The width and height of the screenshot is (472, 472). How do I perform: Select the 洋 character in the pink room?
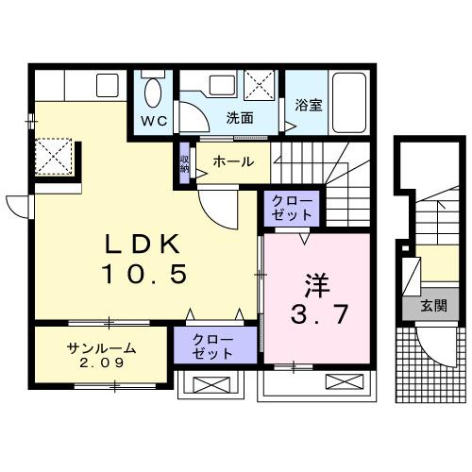pyautogui.click(x=316, y=282)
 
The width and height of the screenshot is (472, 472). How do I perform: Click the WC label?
pyautogui.click(x=155, y=121)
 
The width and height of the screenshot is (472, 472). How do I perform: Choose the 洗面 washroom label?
pyautogui.click(x=240, y=120)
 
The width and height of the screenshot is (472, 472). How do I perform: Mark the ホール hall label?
pyautogui.click(x=233, y=161)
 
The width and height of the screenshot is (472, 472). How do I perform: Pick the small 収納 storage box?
pyautogui.click(x=184, y=162)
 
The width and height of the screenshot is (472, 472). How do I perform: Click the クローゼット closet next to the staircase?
pyautogui.click(x=292, y=207)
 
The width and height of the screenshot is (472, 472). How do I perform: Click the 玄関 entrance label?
pyautogui.click(x=433, y=307)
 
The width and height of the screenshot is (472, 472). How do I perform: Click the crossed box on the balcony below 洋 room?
pyautogui.click(x=338, y=383)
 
